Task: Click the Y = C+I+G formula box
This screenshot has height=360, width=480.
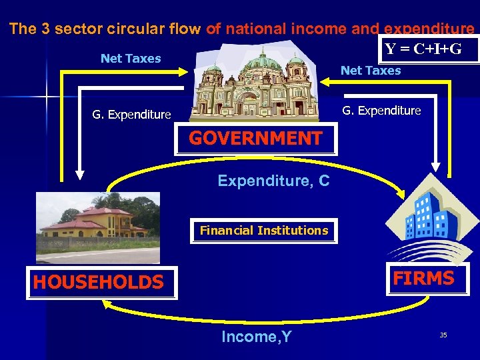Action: click(x=431, y=49)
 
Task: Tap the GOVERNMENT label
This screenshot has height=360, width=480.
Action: click(x=256, y=139)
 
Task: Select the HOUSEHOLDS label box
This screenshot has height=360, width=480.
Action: click(x=99, y=283)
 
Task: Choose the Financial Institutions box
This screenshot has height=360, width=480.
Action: click(x=264, y=231)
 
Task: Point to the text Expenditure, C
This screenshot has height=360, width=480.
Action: click(x=273, y=181)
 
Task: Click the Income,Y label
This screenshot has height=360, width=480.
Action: click(x=257, y=337)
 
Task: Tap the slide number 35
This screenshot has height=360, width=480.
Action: click(x=443, y=335)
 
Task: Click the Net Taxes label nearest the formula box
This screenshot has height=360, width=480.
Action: click(x=371, y=71)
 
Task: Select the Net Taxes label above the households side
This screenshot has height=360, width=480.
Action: click(x=131, y=59)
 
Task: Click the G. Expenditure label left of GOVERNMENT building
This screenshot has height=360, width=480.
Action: click(x=131, y=115)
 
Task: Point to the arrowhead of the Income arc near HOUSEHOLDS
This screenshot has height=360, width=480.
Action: click(x=105, y=302)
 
